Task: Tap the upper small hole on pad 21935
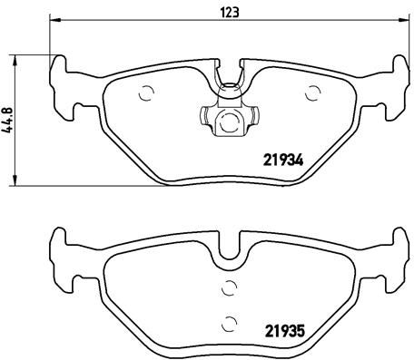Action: coord(230,288)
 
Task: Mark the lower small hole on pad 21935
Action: coord(230,318)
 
